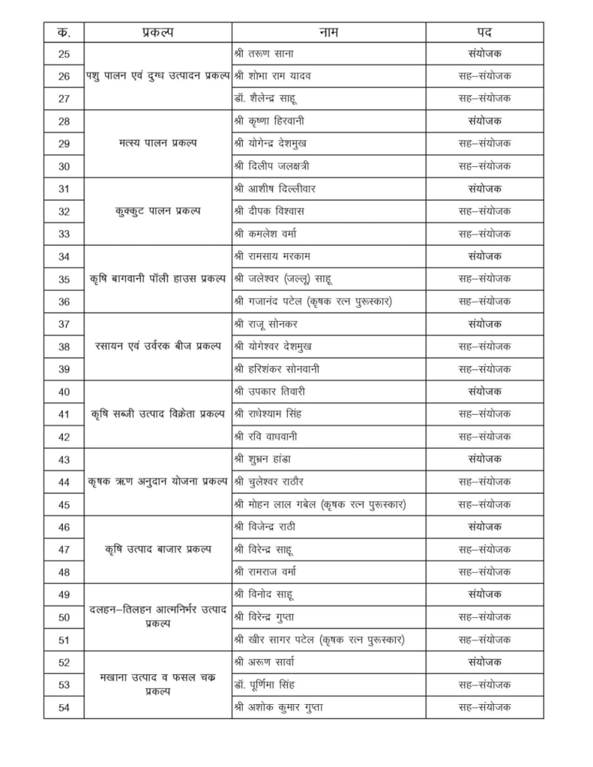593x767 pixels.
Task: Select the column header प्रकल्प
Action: point(157,33)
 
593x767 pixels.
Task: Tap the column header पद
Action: point(484,33)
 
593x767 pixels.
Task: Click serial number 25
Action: point(64,53)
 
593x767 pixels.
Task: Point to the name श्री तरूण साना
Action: point(270,53)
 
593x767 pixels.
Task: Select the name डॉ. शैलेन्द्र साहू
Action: point(276,98)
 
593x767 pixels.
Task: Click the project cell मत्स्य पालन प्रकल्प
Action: point(157,143)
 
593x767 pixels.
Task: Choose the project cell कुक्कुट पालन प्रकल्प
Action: point(157,211)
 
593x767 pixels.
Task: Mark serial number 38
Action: point(64,347)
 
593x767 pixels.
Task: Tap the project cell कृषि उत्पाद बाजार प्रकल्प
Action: point(157,549)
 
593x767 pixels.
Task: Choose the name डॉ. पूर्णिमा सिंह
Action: point(274,685)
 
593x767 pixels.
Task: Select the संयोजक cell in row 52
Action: point(484,662)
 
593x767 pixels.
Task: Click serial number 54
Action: point(64,707)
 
